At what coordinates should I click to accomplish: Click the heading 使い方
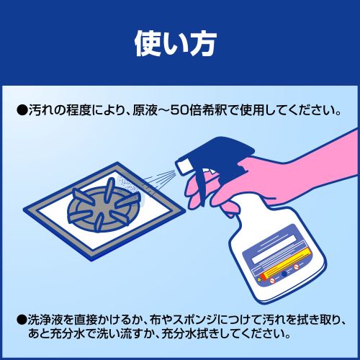[x=176, y=44]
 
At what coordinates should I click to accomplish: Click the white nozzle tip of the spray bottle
[x=184, y=165]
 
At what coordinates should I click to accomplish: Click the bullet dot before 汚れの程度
[x=22, y=111]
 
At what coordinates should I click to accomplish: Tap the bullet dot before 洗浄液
[x=22, y=320]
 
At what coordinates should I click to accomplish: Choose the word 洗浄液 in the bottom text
[x=46, y=320]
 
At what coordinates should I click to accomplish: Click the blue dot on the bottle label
[x=284, y=274]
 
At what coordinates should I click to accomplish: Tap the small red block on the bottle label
[x=264, y=276]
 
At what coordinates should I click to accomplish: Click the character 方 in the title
[x=203, y=45]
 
